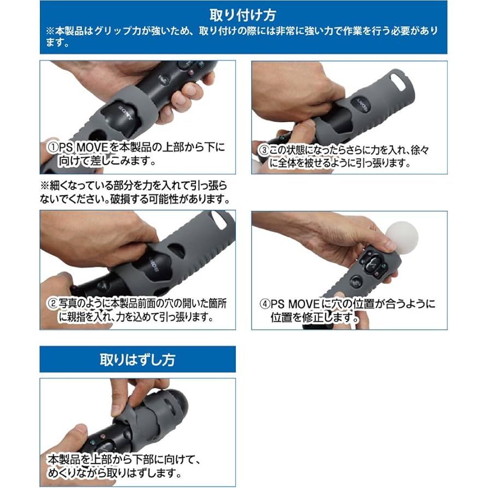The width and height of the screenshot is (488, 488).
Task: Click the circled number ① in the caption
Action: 51,147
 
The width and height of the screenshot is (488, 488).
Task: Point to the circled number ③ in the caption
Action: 262,148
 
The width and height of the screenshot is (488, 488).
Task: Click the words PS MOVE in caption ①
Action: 80,148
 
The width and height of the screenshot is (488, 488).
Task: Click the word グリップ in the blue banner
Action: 111,31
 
